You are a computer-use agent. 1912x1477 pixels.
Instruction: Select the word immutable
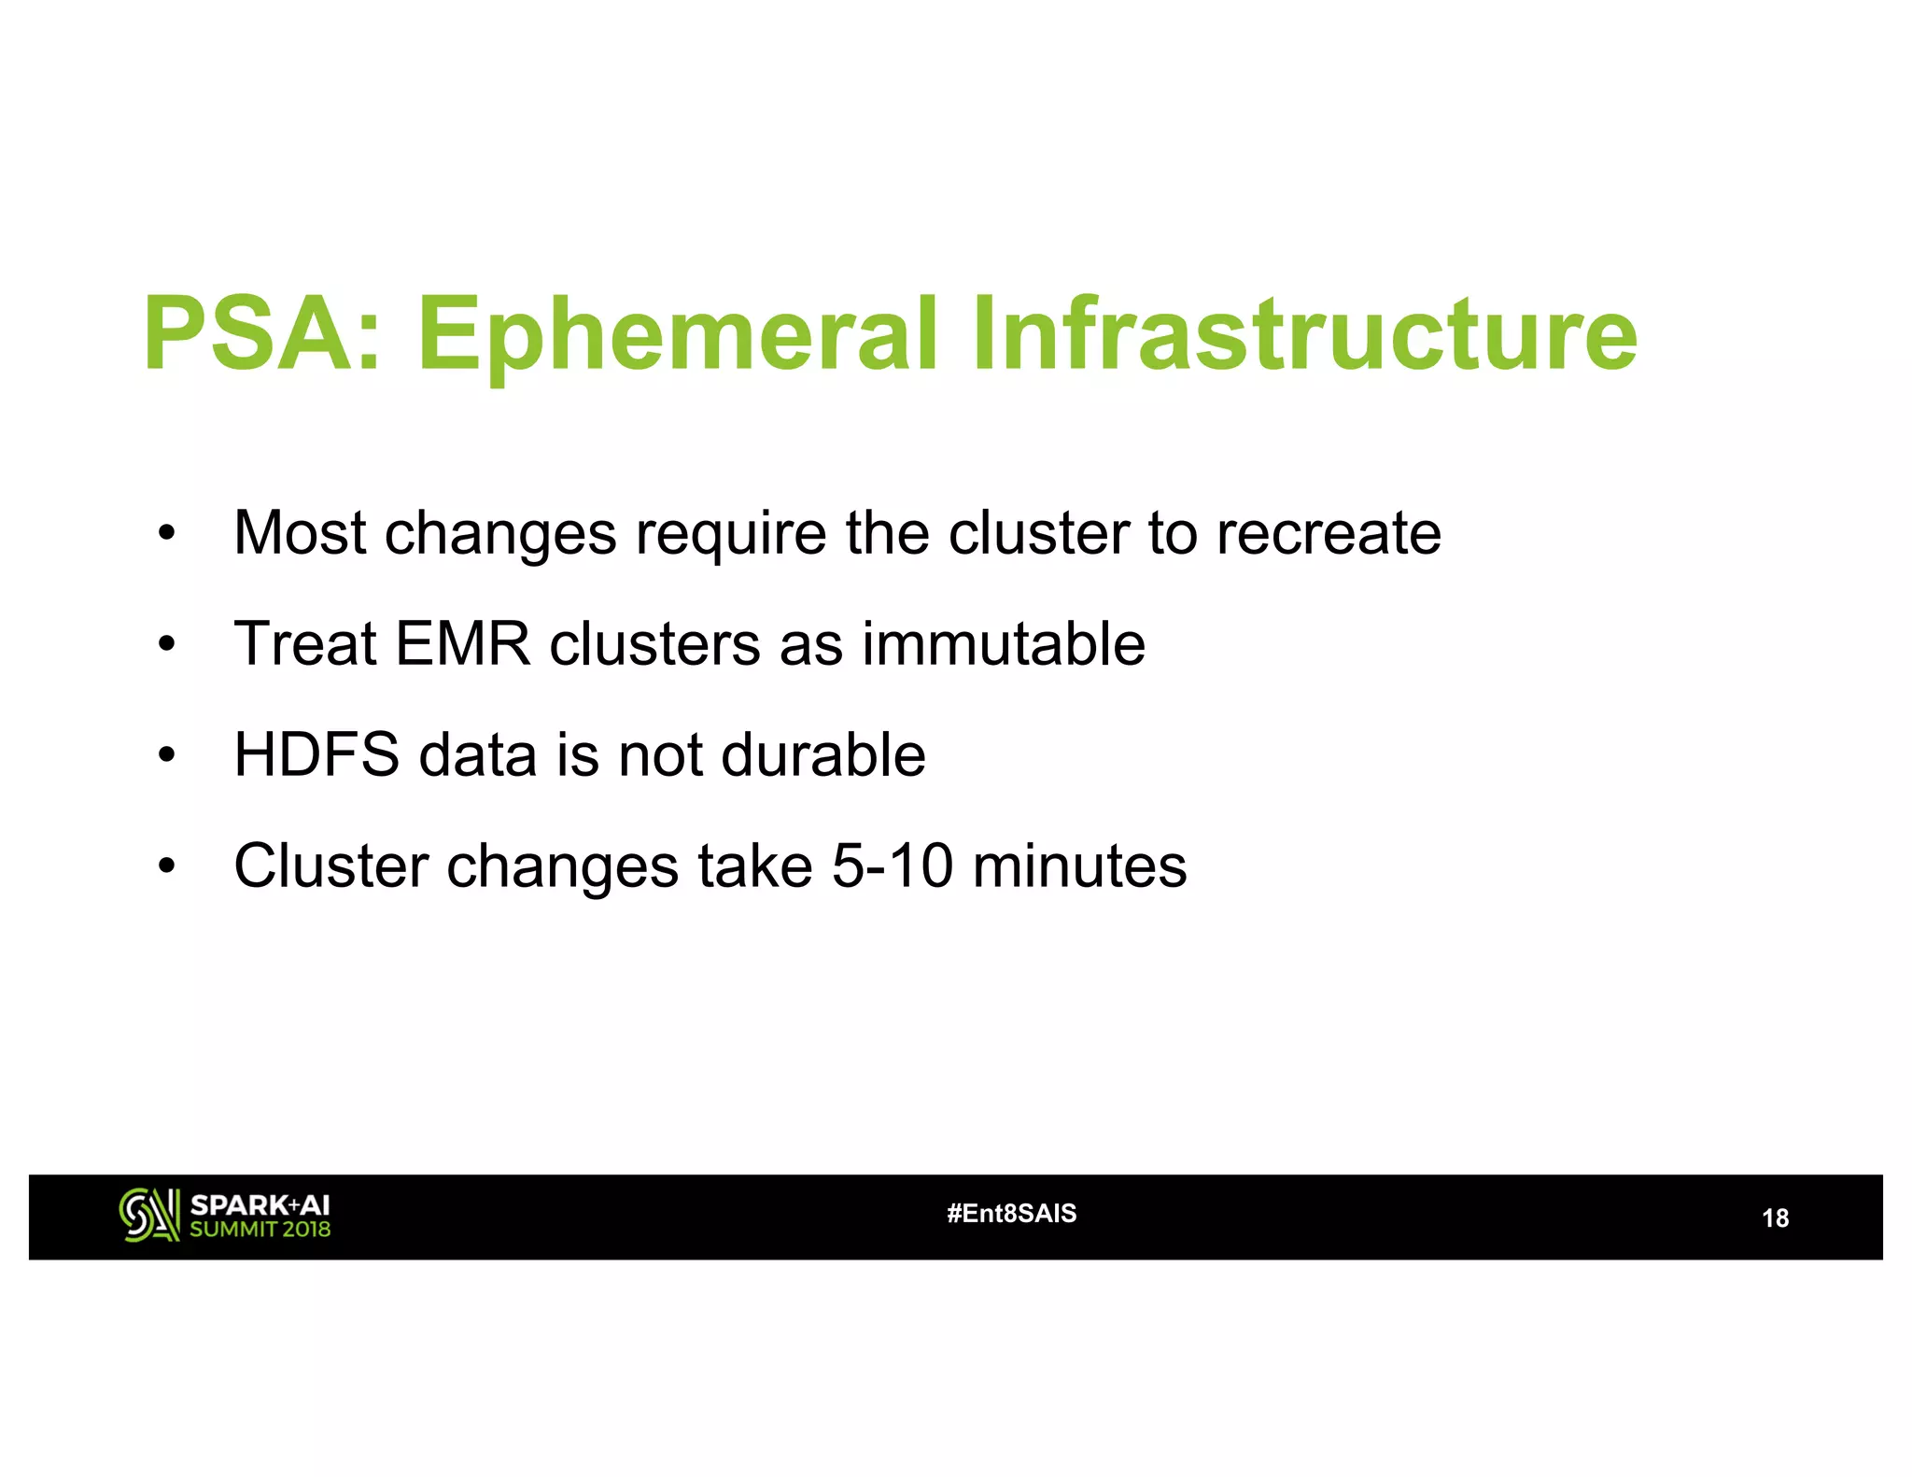[1003, 644]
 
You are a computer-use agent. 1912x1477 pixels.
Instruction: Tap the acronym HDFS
[316, 754]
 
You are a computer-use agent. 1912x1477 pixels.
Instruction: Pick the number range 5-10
[893, 865]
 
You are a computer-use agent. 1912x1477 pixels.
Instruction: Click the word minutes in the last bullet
[1080, 865]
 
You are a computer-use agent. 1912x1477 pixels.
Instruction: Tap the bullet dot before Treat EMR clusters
[166, 645]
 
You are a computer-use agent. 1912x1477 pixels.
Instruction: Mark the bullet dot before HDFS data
[166, 755]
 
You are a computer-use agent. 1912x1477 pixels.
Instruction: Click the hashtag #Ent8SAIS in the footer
[1011, 1214]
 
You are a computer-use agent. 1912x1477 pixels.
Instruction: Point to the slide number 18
[1774, 1218]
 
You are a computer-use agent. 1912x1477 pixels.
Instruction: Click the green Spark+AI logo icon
[149, 1216]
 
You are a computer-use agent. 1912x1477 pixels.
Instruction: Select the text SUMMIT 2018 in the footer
[260, 1230]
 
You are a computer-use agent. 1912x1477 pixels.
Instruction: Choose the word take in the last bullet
[754, 865]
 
